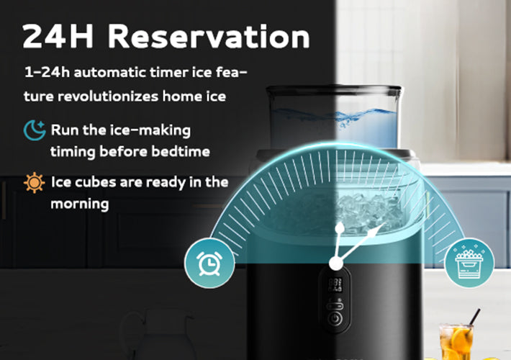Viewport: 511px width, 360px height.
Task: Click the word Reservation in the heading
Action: coord(209,37)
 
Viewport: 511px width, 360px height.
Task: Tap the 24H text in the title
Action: coord(58,37)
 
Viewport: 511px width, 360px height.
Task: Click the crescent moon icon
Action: coord(35,130)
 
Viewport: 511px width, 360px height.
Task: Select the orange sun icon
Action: coord(35,183)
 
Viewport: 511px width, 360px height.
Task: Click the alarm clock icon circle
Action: coord(209,263)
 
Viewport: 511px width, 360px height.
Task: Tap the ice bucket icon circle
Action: coord(469,263)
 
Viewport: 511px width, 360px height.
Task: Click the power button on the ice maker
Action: coord(335,318)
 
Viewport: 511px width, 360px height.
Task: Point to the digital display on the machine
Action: coord(335,284)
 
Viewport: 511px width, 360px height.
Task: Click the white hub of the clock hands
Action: coord(335,263)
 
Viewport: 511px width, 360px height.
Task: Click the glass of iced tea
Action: coord(456,341)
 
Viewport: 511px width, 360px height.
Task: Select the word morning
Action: coord(80,204)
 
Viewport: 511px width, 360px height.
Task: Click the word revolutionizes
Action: coord(108,96)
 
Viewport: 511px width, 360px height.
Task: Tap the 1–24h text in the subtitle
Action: coord(48,72)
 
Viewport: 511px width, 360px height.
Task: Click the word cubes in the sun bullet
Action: coord(95,182)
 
